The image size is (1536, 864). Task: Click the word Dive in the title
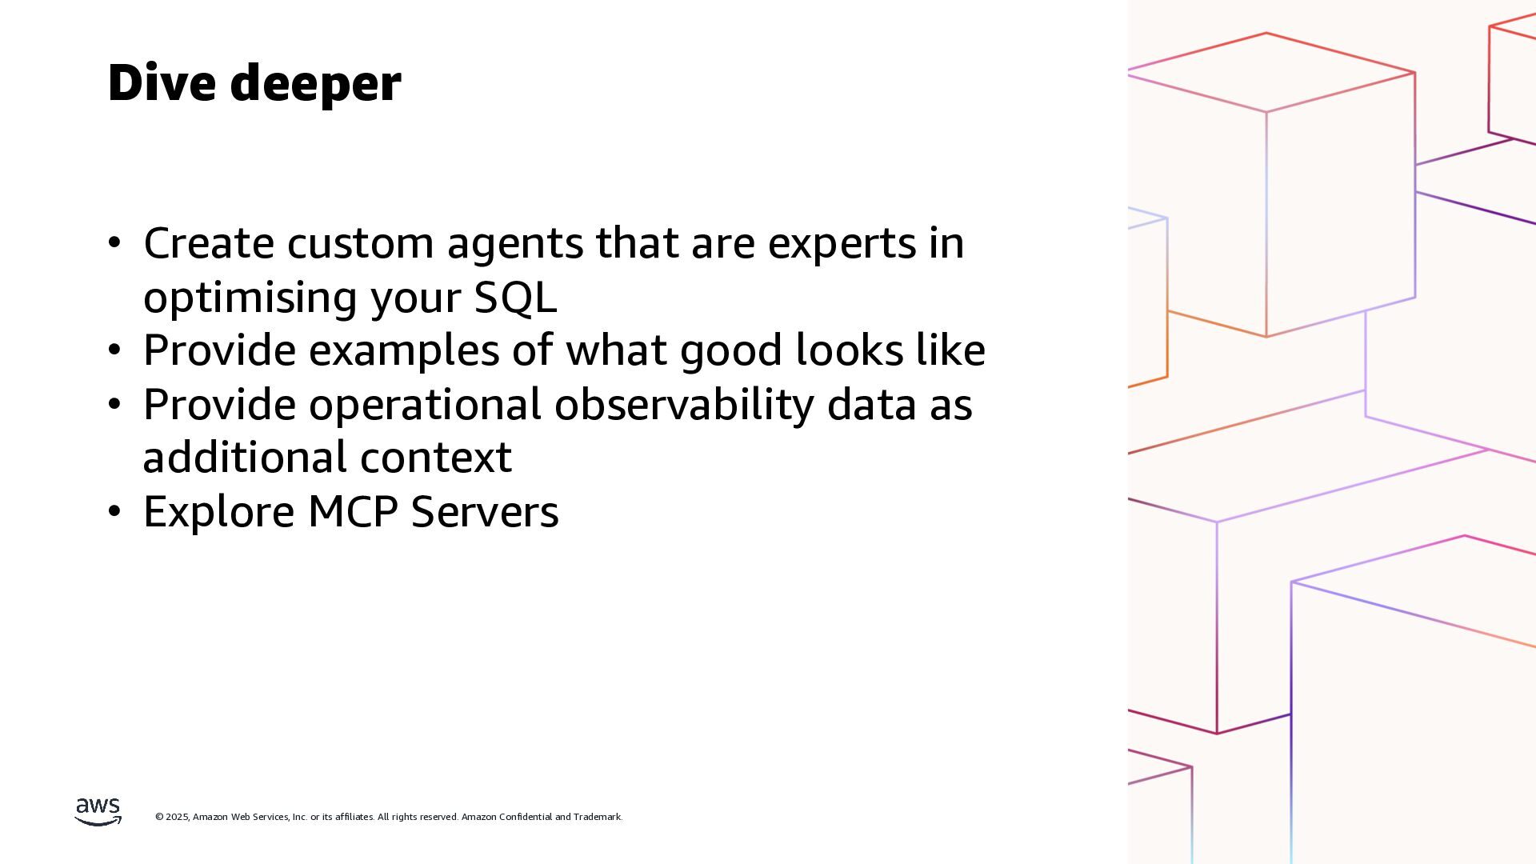point(162,82)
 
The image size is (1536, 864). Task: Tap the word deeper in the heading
point(315,85)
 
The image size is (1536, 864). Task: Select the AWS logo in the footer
point(98,811)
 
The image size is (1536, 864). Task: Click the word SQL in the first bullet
point(515,298)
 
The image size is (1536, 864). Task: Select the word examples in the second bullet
point(404,352)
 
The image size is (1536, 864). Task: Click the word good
point(731,352)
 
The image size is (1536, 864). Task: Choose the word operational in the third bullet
point(426,405)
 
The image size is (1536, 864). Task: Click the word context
point(436,458)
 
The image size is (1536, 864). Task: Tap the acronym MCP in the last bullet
point(353,511)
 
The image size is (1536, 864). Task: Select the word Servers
point(485,511)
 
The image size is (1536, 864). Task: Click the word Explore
point(219,513)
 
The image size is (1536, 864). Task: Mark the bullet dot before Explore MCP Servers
point(114,511)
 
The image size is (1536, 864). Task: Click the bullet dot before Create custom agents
point(114,242)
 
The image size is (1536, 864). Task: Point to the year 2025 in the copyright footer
point(177,817)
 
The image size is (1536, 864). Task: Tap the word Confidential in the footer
point(525,817)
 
